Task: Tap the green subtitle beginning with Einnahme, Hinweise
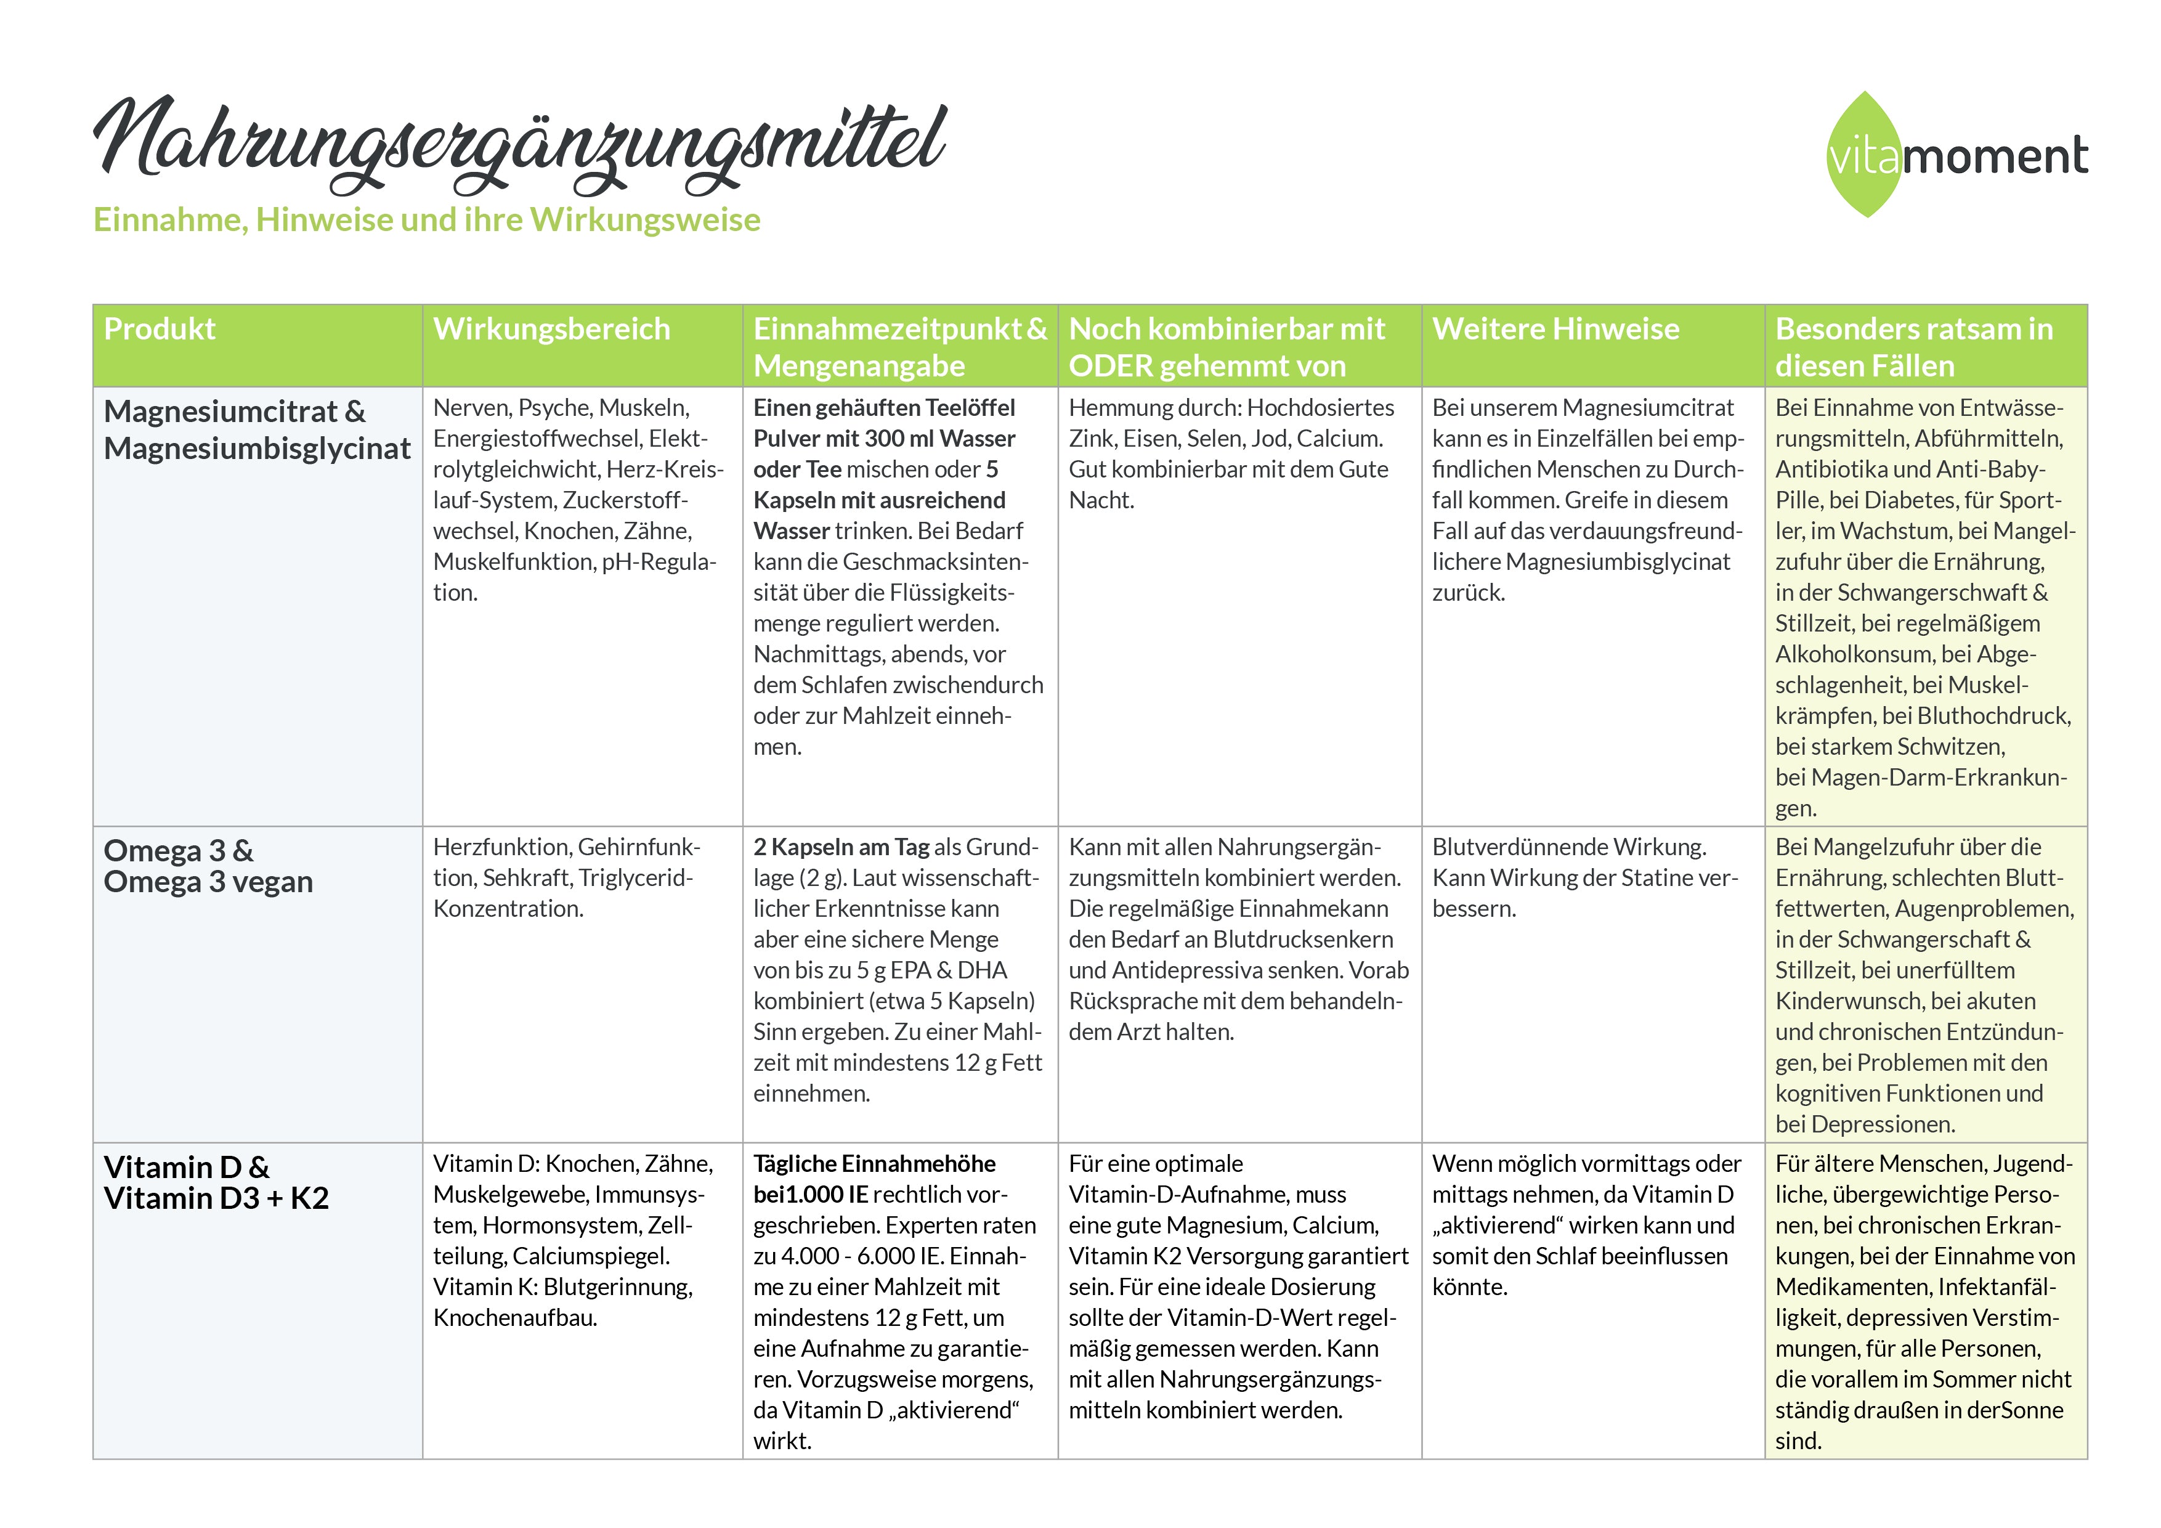pyautogui.click(x=426, y=219)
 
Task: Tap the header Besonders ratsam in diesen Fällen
pyautogui.click(x=1913, y=346)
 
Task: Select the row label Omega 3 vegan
pyautogui.click(x=208, y=882)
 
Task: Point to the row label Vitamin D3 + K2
pyautogui.click(x=216, y=1198)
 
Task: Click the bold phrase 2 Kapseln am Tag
pyautogui.click(x=840, y=847)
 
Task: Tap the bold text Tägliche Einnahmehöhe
pyautogui.click(x=874, y=1164)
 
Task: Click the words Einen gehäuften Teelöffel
pyautogui.click(x=884, y=408)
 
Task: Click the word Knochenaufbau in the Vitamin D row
pyautogui.click(x=515, y=1318)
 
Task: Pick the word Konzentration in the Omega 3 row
pyautogui.click(x=508, y=909)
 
